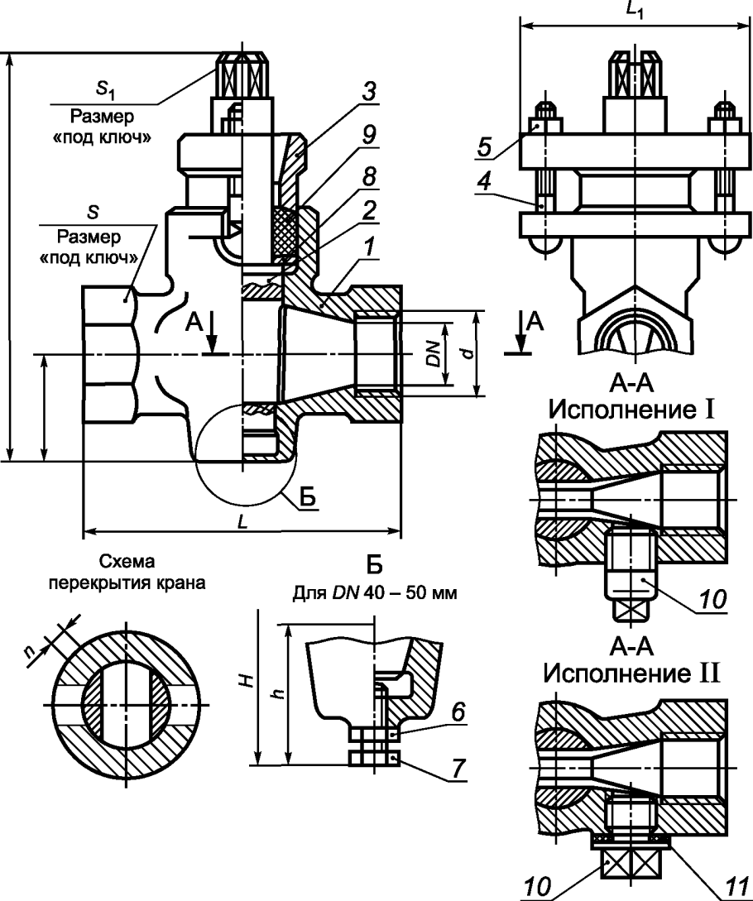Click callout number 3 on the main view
tap(368, 92)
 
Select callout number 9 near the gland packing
tap(368, 134)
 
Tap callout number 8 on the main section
tap(368, 176)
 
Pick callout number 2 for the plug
tap(368, 211)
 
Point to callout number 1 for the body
tap(368, 247)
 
